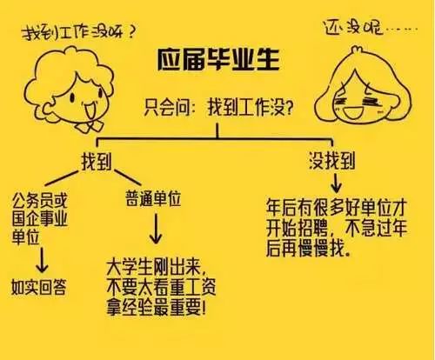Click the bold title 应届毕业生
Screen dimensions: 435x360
pos(218,59)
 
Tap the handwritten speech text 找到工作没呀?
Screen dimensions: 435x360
pos(79,32)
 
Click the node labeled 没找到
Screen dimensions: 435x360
pos(331,160)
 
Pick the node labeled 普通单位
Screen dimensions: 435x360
pos(153,198)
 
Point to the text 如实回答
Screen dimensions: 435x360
pos(39,287)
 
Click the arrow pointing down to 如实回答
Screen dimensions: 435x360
pos(42,260)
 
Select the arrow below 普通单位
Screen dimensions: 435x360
pos(156,229)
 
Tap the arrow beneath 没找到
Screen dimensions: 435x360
pos(336,183)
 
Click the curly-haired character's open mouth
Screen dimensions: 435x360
pos(89,109)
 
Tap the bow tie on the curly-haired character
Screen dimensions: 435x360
pos(89,125)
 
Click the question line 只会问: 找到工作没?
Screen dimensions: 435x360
pos(218,108)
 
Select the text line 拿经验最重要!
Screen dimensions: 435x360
pos(157,308)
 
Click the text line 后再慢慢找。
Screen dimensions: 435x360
pos(309,249)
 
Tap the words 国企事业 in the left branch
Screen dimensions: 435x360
pos(40,219)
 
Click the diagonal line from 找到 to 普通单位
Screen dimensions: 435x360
pos(128,177)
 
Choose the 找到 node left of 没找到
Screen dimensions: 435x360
pos(97,161)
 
